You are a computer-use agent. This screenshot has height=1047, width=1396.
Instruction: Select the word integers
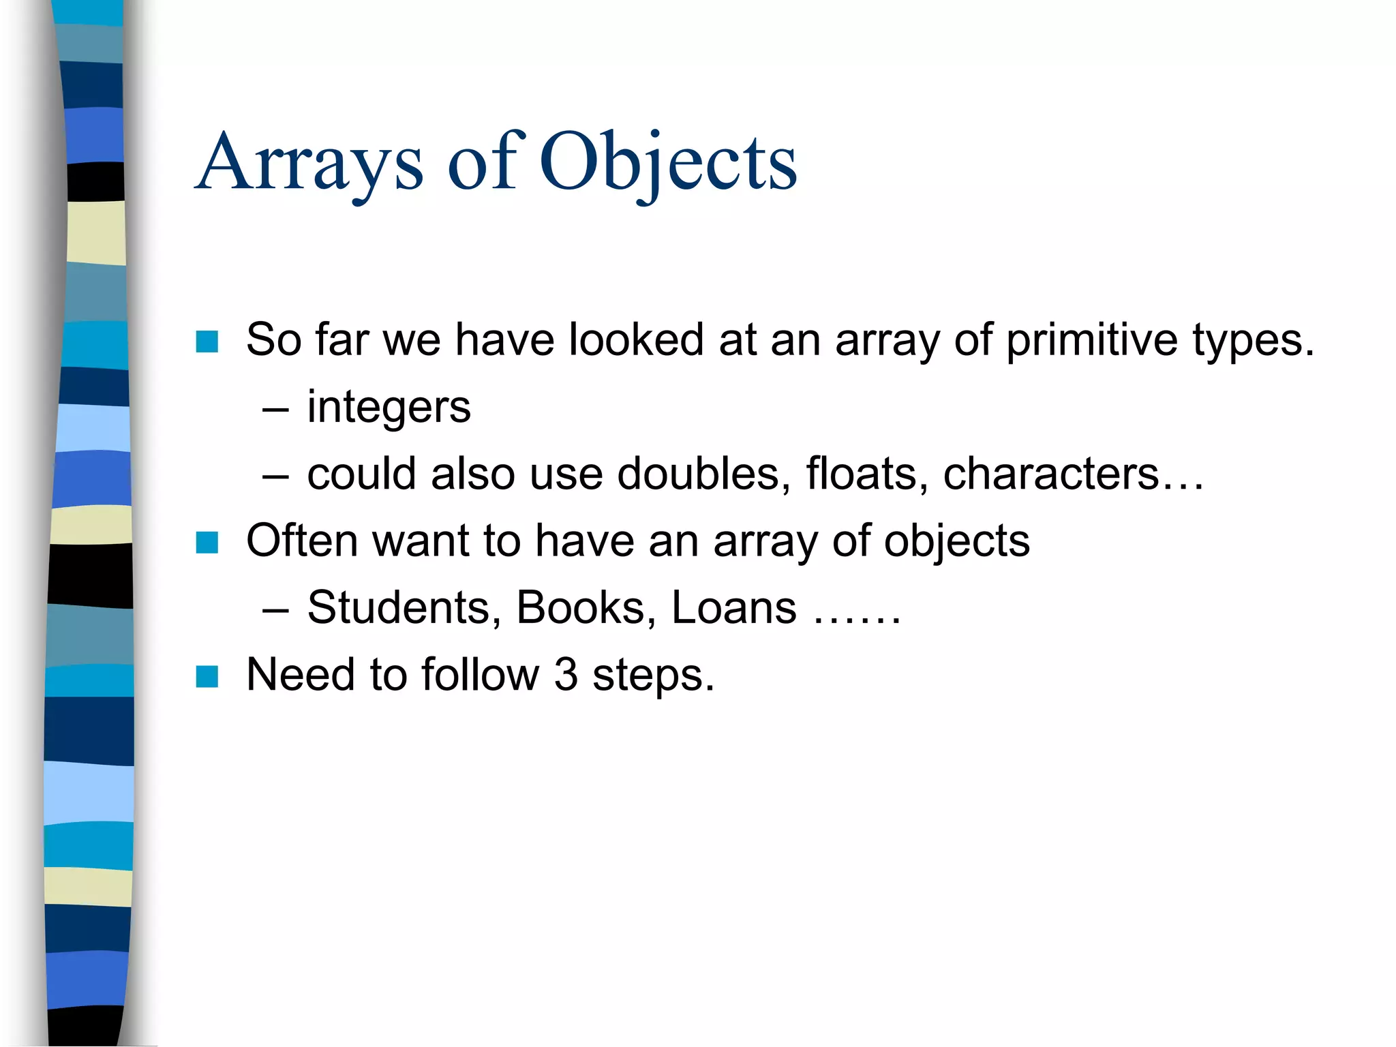[389, 407]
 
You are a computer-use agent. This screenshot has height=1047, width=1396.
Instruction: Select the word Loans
[733, 607]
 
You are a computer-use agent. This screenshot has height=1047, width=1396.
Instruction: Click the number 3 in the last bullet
[566, 674]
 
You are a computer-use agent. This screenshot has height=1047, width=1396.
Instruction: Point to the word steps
[652, 676]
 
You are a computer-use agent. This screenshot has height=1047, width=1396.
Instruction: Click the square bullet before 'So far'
[207, 342]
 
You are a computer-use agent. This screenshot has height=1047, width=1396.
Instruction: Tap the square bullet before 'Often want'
[207, 543]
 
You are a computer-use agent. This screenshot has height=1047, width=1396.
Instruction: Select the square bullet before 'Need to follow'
[207, 677]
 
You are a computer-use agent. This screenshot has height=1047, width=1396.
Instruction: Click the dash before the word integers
[275, 410]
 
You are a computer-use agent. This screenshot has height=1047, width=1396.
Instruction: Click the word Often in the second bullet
[302, 540]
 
